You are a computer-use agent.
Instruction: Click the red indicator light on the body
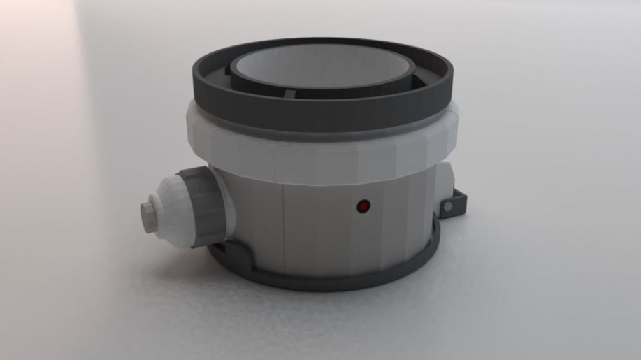[x=363, y=206]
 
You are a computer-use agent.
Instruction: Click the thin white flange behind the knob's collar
[x=222, y=203]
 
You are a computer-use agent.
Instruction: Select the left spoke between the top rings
[x=228, y=71]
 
